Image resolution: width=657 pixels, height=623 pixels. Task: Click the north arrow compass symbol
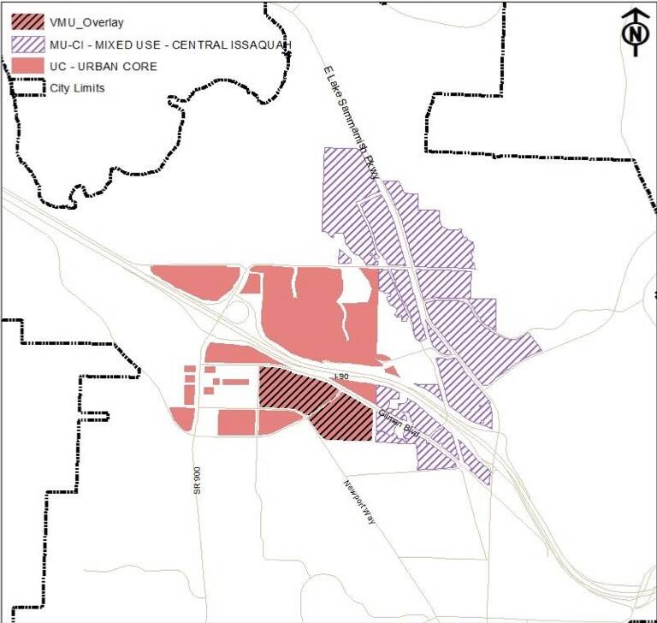point(633,32)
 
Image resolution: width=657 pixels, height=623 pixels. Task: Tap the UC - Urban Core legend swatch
point(27,66)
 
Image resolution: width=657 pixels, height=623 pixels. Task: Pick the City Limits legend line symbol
point(27,87)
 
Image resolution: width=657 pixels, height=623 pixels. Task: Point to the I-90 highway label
point(341,377)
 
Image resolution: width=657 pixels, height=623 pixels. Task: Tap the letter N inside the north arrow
point(633,35)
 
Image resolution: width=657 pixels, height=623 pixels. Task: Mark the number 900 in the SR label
point(197,484)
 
